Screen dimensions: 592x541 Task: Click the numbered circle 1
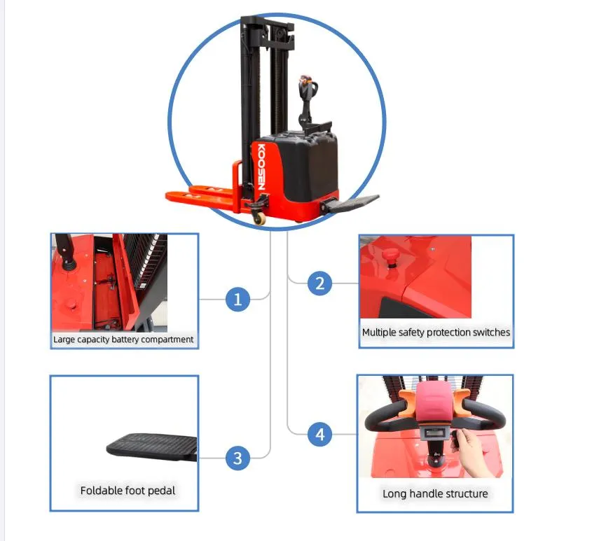pos(238,300)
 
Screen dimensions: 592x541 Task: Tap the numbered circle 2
pos(319,283)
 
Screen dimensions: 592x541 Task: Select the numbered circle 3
pos(238,458)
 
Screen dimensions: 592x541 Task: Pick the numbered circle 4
pos(319,434)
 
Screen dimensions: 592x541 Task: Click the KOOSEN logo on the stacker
pos(261,167)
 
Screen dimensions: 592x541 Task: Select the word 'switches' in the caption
pos(491,332)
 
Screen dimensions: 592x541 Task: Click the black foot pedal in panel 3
pos(152,447)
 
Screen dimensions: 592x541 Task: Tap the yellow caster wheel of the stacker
pos(259,218)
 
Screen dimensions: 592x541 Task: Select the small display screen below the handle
pos(435,433)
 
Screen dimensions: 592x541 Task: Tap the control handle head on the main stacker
pos(308,87)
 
